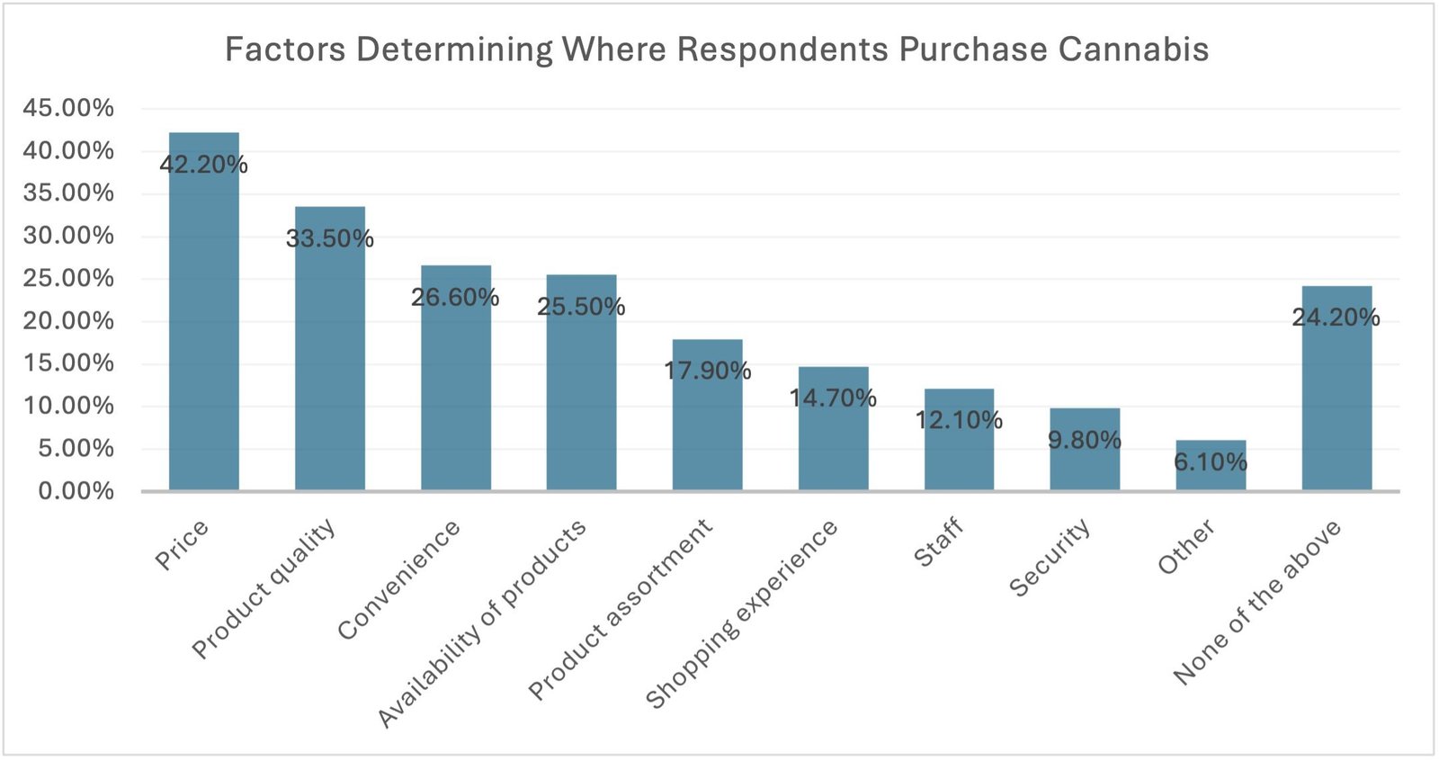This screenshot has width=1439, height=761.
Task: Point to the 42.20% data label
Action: tap(203, 165)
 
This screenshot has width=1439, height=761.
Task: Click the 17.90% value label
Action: tap(707, 371)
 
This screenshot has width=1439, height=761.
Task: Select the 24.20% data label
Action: tap(1336, 318)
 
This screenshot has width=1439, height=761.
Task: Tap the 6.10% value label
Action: tap(1211, 462)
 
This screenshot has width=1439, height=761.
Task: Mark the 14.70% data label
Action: tap(833, 398)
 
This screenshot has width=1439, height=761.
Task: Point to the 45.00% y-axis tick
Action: tap(68, 108)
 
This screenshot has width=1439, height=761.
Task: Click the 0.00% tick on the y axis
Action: tap(76, 491)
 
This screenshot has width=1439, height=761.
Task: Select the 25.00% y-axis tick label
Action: tap(68, 278)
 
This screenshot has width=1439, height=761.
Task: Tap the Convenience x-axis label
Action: tap(398, 580)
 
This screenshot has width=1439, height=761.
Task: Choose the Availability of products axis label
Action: tap(482, 623)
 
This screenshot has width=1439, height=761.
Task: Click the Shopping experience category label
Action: tap(742, 614)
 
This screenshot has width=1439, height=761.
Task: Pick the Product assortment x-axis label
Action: tap(621, 609)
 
